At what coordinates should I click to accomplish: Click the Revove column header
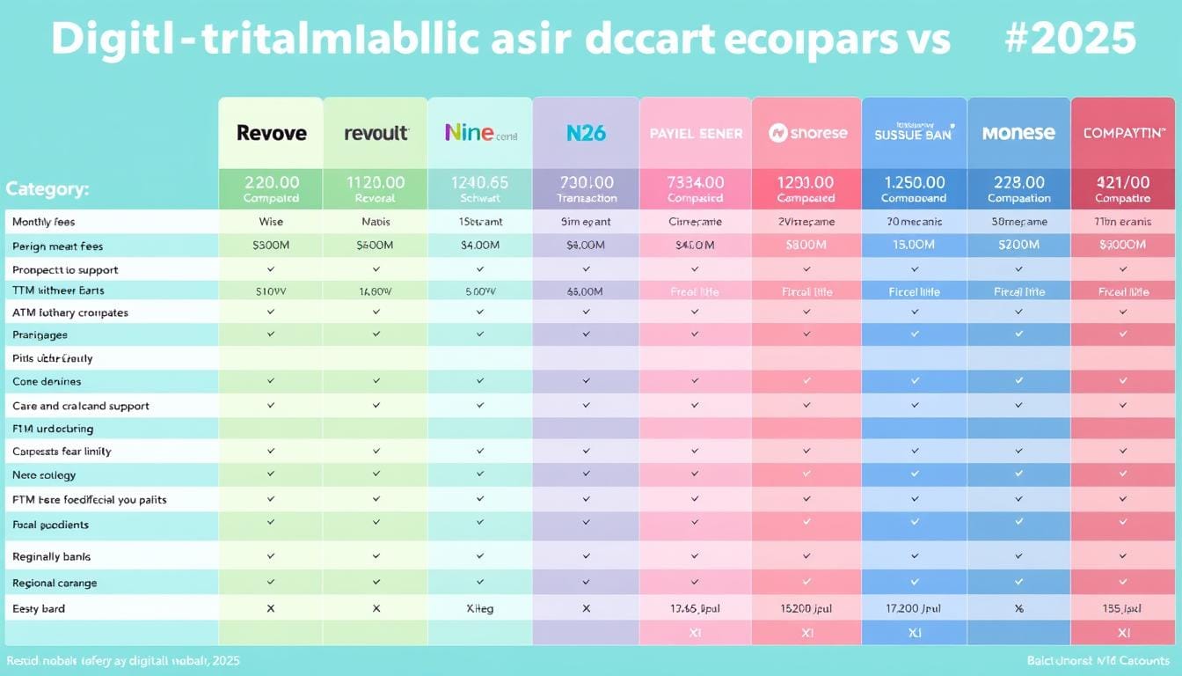(x=271, y=133)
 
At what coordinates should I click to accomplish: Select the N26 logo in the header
(x=586, y=133)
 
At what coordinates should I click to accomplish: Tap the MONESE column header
(x=1018, y=133)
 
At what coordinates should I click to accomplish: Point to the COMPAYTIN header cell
(x=1124, y=133)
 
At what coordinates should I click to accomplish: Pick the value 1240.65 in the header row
(x=479, y=182)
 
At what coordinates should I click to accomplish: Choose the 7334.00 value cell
(x=695, y=182)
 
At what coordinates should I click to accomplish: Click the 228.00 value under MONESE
(x=1018, y=182)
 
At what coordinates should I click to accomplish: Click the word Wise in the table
(x=270, y=222)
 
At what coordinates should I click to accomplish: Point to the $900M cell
(x=1123, y=246)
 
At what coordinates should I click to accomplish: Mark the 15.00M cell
(x=914, y=246)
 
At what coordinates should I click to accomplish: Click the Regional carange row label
(x=55, y=583)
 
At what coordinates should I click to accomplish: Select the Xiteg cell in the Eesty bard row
(x=479, y=608)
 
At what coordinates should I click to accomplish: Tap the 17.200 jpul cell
(x=914, y=608)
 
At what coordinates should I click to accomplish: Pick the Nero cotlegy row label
(x=44, y=475)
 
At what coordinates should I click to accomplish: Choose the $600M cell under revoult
(x=376, y=246)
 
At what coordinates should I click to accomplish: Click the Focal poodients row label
(x=50, y=525)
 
